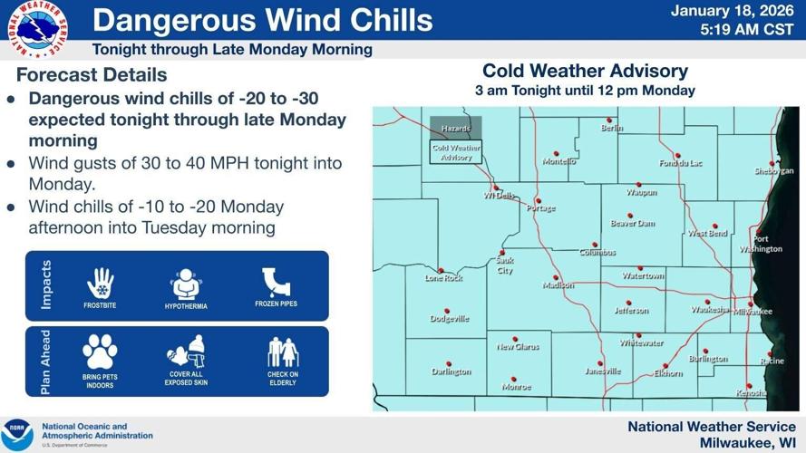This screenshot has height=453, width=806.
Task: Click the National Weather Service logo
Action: [x=37, y=30]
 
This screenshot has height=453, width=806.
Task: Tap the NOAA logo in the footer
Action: [x=18, y=434]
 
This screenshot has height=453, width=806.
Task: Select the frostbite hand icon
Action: [x=101, y=282]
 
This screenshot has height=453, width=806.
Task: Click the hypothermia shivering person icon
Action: [x=186, y=284]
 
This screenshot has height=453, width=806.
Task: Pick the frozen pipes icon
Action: [x=276, y=281]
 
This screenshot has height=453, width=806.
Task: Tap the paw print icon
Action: [x=100, y=352]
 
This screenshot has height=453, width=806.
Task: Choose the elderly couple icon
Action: [x=282, y=352]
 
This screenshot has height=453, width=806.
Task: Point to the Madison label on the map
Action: [x=558, y=285]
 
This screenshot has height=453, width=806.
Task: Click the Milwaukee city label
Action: [x=753, y=311]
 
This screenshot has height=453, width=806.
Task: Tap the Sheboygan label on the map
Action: [x=773, y=171]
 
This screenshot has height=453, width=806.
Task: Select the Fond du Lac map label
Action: [x=681, y=162]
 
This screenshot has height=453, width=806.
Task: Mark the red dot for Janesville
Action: [x=600, y=363]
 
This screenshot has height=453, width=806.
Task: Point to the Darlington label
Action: [x=452, y=371]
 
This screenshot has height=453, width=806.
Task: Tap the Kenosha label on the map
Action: [x=752, y=393]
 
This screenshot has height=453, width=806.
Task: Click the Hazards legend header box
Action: [x=456, y=130]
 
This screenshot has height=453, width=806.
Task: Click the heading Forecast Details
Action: [x=92, y=74]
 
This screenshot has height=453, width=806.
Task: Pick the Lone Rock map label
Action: [x=444, y=278]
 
